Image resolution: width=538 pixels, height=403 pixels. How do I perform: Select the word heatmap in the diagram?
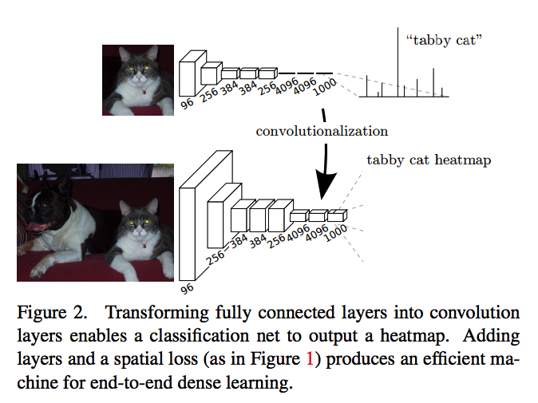(467, 160)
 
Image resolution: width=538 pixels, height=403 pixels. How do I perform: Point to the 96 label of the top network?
(188, 103)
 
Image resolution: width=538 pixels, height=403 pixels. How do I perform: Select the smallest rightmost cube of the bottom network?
(337, 215)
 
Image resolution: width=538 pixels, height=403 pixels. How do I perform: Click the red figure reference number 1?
(311, 358)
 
